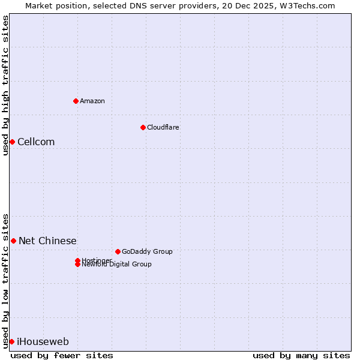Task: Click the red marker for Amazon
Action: (76, 101)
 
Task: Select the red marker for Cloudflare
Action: (143, 127)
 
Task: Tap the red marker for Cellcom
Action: (12, 142)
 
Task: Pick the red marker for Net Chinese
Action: (13, 241)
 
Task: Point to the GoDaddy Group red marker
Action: (118, 251)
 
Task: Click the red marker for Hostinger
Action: (77, 260)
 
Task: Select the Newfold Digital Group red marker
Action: (77, 265)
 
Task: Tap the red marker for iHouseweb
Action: (11, 341)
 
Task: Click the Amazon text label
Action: (92, 101)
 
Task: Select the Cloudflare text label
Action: (163, 127)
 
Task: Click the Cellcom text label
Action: (36, 142)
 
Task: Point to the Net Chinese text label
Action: (47, 241)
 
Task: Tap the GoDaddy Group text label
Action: (147, 251)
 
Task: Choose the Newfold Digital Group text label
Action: (117, 265)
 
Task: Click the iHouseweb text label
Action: (43, 341)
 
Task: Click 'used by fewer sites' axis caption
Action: (62, 355)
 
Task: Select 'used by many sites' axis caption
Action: (301, 355)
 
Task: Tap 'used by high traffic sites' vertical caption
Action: (5, 85)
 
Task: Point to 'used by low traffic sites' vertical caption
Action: (5, 280)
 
